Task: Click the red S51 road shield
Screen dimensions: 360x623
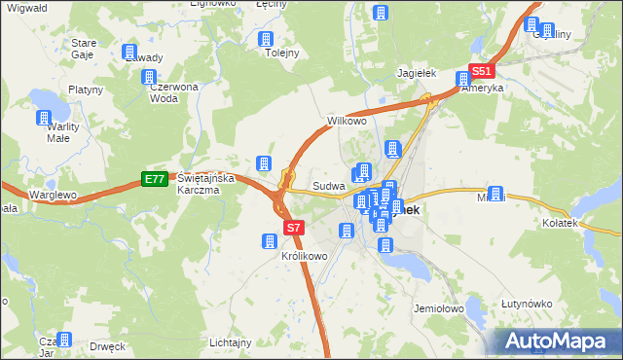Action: coord(483,71)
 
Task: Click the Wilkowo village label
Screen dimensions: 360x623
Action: coord(346,122)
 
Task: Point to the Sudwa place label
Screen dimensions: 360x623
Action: coord(326,186)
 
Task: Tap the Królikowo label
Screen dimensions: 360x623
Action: coord(304,257)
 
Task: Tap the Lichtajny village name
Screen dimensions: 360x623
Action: coord(231,342)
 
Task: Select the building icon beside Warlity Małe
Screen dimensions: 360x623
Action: coord(43,119)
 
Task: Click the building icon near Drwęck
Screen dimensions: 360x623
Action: coord(64,339)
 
